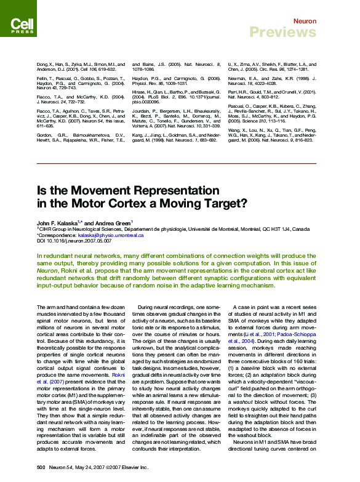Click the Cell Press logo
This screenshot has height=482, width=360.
23,25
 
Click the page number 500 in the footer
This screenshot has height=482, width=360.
41,468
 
